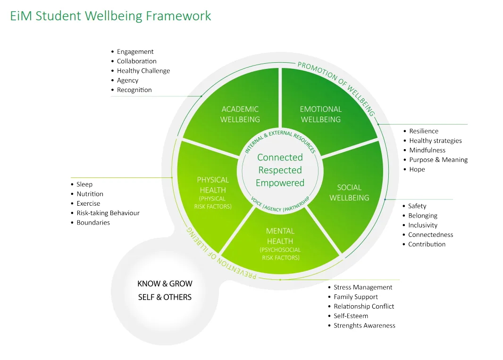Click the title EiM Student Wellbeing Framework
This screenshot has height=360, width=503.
pos(110,16)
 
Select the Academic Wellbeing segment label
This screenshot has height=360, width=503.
pos(240,114)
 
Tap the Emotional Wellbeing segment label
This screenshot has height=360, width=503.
pos(320,114)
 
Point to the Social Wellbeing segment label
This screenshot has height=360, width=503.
pos(349,193)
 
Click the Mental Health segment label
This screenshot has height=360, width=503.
pos(280,236)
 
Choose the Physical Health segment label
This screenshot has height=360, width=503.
pos(213,185)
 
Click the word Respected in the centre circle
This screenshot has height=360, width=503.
pos(280,170)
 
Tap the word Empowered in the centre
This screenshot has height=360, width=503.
pos(280,183)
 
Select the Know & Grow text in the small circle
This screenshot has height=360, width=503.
pos(165,284)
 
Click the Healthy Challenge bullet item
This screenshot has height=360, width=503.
pos(143,71)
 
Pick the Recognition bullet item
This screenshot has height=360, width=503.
pos(134,90)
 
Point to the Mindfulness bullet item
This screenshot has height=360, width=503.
pos(427,151)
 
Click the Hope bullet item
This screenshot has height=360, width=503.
pos(417,169)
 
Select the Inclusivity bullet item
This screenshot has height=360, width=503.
pos(423,226)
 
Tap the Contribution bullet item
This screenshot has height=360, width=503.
pos(427,244)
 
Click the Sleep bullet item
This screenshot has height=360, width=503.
pos(84,184)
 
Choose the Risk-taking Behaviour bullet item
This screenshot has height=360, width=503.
pos(108,213)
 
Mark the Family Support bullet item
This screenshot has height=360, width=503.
pos(356,297)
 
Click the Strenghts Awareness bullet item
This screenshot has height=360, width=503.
pos(364,326)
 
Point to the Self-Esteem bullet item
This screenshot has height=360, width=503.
pos(351,316)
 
